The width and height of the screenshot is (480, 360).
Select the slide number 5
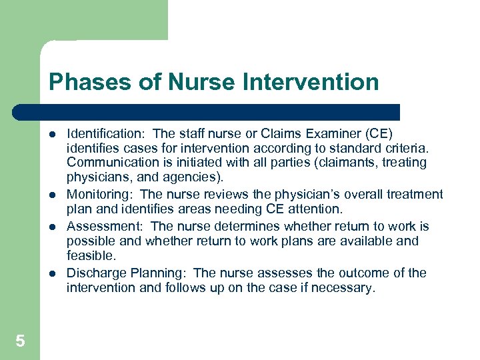(x=20, y=341)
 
